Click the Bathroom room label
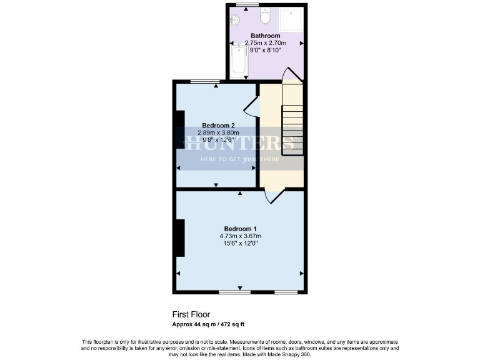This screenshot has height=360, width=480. tap(265, 36)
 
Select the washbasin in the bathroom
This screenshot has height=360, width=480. tap(236, 18)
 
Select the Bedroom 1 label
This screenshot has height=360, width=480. tap(240, 228)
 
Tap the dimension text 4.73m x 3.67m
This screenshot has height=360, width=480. tap(240, 236)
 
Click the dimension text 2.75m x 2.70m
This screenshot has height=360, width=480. tap(265, 42)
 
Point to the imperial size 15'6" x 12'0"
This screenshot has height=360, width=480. tap(240, 243)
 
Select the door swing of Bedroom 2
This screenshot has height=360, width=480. tap(251, 106)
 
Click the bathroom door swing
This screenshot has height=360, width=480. tap(292, 75)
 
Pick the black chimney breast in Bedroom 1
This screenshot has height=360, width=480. tap(180, 237)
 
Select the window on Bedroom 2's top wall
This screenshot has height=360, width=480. tap(204, 82)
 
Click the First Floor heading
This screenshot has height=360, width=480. tap(191, 314)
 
